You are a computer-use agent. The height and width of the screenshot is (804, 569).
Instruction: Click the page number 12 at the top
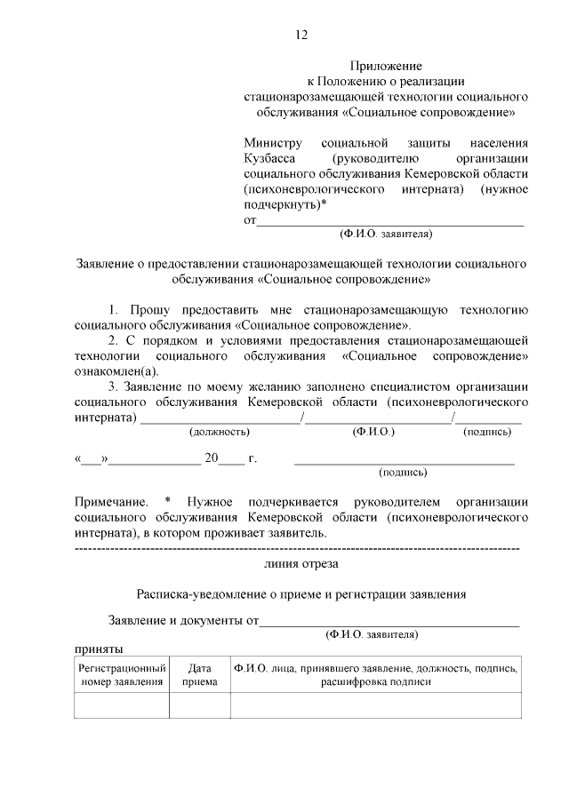[x=301, y=35]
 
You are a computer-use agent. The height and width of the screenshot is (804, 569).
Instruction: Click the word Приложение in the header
[x=385, y=66]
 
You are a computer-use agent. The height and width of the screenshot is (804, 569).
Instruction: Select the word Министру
[x=273, y=142]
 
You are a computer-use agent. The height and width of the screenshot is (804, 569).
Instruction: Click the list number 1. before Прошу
[x=114, y=309]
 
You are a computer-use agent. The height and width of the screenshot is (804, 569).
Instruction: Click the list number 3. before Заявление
[x=114, y=386]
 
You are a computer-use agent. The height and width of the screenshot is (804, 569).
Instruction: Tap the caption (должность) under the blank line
[x=219, y=432]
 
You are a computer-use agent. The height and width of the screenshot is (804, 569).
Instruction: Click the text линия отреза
[x=301, y=563]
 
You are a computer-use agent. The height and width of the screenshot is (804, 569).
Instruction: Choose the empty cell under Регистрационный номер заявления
[x=122, y=704]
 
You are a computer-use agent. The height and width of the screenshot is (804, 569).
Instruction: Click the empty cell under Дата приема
[x=199, y=704]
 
